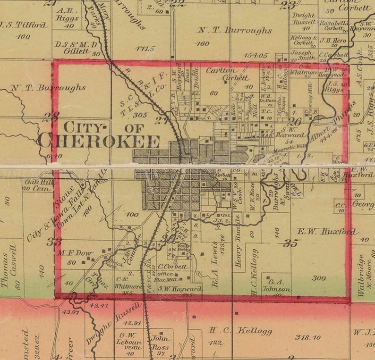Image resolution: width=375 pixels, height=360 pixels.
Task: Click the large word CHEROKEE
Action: (x=99, y=141)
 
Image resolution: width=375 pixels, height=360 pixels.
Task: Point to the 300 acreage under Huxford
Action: (x=319, y=278)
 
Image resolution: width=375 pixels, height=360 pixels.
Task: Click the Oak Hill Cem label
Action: (x=37, y=184)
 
